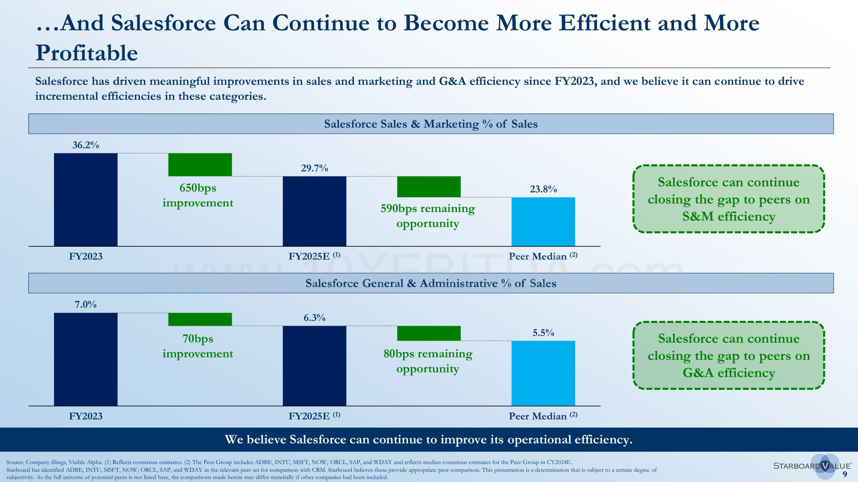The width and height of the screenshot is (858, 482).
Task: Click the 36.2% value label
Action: [x=86, y=145]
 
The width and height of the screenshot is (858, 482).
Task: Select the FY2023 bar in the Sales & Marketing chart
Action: [x=86, y=200]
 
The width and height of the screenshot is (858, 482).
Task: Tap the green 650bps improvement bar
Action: [x=200, y=165]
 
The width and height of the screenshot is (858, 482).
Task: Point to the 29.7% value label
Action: [x=314, y=168]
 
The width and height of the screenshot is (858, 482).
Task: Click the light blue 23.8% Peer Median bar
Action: [x=543, y=222]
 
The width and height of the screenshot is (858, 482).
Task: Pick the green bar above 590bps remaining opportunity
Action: [x=429, y=187]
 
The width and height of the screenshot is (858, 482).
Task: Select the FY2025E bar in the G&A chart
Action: [x=314, y=365]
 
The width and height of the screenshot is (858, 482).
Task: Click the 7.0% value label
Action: [x=86, y=305]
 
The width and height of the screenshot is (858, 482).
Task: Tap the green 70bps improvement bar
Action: [x=200, y=319]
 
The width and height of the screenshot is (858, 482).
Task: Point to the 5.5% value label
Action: [x=543, y=333]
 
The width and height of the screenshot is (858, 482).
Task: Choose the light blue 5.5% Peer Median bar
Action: [x=543, y=373]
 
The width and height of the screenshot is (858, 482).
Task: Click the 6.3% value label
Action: [x=314, y=318]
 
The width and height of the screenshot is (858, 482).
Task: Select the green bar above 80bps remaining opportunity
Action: [x=429, y=333]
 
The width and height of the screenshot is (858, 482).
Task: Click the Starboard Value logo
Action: [x=812, y=466]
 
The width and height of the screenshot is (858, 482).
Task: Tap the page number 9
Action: [x=845, y=474]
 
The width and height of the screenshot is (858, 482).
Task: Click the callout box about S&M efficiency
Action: [x=728, y=199]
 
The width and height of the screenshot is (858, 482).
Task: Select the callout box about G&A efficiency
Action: [x=728, y=356]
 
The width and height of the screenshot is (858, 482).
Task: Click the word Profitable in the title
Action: [x=87, y=53]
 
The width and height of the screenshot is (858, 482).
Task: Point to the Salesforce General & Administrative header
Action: [x=431, y=283]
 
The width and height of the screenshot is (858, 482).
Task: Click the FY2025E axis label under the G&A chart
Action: [x=314, y=416]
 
